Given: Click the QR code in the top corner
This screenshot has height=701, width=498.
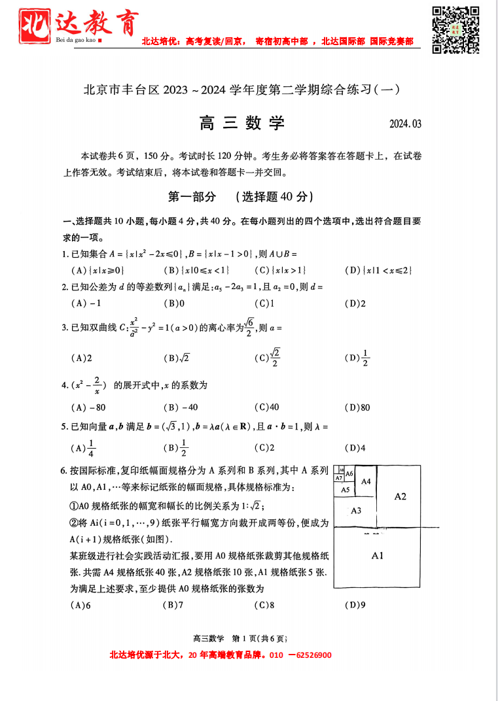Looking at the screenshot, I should click(x=455, y=29).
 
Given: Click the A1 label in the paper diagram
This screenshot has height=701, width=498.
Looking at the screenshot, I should click(x=377, y=556).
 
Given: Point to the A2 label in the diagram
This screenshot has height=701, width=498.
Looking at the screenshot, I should click(x=400, y=496).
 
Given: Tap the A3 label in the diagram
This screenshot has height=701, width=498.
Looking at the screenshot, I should click(x=356, y=511).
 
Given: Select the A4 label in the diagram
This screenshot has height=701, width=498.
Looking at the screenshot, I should click(x=366, y=481).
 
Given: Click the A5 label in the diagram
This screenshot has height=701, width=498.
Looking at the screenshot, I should click(x=346, y=489).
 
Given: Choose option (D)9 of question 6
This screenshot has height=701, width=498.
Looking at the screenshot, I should click(x=356, y=605).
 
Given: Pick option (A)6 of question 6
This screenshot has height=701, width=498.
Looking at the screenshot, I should click(x=80, y=605).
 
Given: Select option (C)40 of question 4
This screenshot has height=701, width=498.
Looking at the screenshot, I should click(x=266, y=407).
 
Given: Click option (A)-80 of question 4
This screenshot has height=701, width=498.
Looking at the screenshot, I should click(x=88, y=407).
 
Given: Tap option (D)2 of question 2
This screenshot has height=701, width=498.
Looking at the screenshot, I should click(x=355, y=303).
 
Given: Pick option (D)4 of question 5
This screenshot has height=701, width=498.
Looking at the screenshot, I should click(x=355, y=448).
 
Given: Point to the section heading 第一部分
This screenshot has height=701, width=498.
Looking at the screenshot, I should click(x=192, y=196).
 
